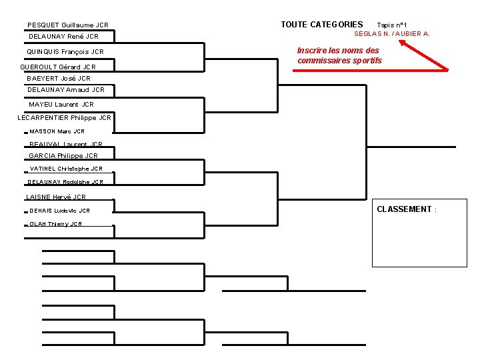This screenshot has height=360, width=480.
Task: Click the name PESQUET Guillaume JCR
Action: (68, 25)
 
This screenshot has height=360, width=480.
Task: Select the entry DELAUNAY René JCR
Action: (64, 37)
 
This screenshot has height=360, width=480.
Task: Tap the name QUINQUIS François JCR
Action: (65, 52)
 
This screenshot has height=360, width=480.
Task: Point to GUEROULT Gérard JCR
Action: (58, 67)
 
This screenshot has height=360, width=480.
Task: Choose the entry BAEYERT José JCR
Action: (59, 79)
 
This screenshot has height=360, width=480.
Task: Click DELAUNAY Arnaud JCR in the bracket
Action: (66, 90)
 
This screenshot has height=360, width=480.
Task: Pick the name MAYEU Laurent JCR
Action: (61, 105)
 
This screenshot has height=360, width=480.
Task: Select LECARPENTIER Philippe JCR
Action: (64, 118)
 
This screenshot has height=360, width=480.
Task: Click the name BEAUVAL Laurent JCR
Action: (66, 144)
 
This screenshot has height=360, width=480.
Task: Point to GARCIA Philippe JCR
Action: (63, 156)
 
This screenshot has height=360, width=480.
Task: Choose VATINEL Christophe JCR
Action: (66, 169)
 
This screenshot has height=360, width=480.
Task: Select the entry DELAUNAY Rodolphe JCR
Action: (66, 182)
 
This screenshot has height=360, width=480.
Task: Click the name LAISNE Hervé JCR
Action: (56, 197)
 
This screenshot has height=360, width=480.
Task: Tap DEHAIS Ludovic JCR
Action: (60, 211)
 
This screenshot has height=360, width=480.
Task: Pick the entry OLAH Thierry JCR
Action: (56, 224)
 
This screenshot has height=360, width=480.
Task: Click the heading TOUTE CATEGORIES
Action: (322, 25)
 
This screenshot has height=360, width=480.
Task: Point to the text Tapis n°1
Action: (397, 25)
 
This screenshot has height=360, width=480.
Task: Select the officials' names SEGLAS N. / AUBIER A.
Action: (392, 33)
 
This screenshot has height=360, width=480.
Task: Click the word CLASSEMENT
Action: (405, 209)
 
